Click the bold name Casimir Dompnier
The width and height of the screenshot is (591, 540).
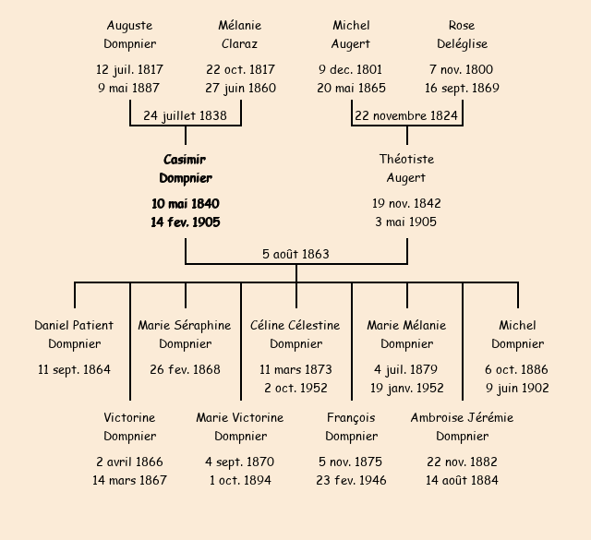186,169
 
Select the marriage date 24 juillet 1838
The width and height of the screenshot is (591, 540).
186,115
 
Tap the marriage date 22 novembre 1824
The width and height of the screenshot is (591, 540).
407,115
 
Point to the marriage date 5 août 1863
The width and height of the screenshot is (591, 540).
295,254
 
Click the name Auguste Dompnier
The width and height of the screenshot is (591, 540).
129,34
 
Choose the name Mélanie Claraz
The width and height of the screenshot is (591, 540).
240,34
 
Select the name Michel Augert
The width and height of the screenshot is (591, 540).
351,34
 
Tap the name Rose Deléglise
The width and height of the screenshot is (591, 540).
462,34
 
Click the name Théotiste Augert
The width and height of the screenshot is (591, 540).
406,168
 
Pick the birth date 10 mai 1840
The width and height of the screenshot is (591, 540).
186,203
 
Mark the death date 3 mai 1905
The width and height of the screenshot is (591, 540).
406,222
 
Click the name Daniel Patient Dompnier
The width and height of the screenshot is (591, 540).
74,334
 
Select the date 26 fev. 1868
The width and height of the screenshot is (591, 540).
185,369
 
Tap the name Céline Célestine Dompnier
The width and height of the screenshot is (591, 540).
295,334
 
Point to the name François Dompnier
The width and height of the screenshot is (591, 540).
351,426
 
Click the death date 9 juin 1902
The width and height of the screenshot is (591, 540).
517,388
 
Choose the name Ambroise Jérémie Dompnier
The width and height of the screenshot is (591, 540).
462,426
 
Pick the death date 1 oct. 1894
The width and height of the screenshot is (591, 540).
240,480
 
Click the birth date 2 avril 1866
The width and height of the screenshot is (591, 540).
129,462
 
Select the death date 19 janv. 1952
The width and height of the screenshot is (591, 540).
406,388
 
